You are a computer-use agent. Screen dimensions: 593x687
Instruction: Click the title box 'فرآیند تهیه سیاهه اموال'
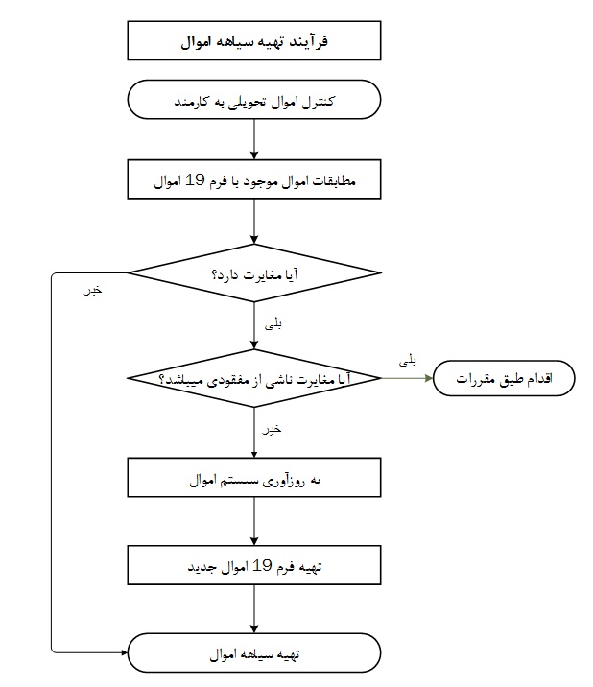tap(254, 40)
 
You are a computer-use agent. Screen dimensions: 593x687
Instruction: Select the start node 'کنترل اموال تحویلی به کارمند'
tap(254, 100)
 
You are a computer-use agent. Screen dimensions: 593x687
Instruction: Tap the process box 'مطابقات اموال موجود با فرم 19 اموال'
tap(254, 179)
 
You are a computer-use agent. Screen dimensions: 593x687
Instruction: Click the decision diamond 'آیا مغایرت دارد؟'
tap(254, 272)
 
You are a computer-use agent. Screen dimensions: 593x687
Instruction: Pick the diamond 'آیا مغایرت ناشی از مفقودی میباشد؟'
tap(254, 378)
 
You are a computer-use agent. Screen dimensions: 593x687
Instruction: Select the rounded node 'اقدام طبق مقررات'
tap(504, 378)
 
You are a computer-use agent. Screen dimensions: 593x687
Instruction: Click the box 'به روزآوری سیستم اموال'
tap(254, 478)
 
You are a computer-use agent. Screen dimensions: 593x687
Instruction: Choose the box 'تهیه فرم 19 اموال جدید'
tap(254, 565)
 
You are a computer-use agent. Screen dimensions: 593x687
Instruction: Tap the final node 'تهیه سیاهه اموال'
tap(254, 652)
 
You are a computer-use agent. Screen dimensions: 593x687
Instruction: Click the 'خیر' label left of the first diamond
tap(93, 290)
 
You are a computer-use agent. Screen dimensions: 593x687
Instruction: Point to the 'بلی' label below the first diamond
tap(273, 324)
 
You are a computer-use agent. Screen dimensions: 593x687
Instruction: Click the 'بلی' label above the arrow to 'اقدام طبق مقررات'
tap(408, 361)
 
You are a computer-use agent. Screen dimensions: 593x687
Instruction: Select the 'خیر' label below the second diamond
tap(272, 429)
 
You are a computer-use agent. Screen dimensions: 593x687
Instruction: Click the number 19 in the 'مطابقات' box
tap(195, 179)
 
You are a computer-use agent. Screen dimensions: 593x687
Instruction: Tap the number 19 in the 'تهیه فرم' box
tap(262, 566)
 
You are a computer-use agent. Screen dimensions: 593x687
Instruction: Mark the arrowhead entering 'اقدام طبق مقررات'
tap(429, 378)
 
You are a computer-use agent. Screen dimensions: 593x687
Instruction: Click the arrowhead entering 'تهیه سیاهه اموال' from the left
tap(124, 652)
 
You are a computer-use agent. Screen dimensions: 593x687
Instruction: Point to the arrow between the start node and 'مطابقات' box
tap(254, 139)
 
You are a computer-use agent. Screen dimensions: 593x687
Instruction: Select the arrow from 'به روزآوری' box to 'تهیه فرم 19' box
tap(254, 521)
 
